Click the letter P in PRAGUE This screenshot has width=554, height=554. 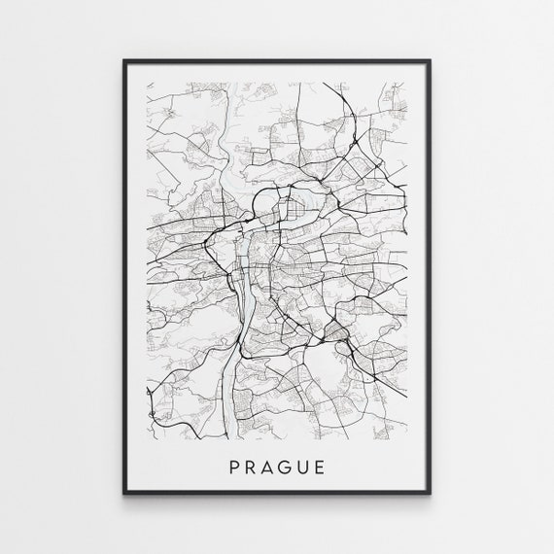pos(233,468)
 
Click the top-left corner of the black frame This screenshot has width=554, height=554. pos(125,61)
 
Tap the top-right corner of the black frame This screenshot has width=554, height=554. pos(429,61)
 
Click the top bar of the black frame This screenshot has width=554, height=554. pos(277,61)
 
